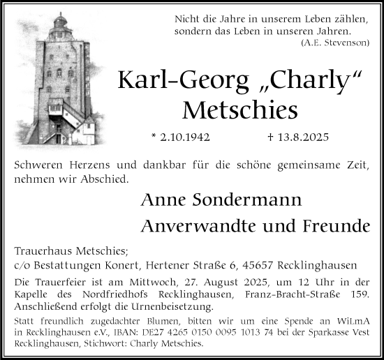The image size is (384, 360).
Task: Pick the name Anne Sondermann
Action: point(221,201)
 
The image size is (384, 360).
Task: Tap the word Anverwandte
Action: point(194,226)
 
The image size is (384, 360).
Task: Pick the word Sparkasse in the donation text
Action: point(330,333)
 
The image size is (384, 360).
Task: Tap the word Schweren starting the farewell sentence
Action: point(39,166)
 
